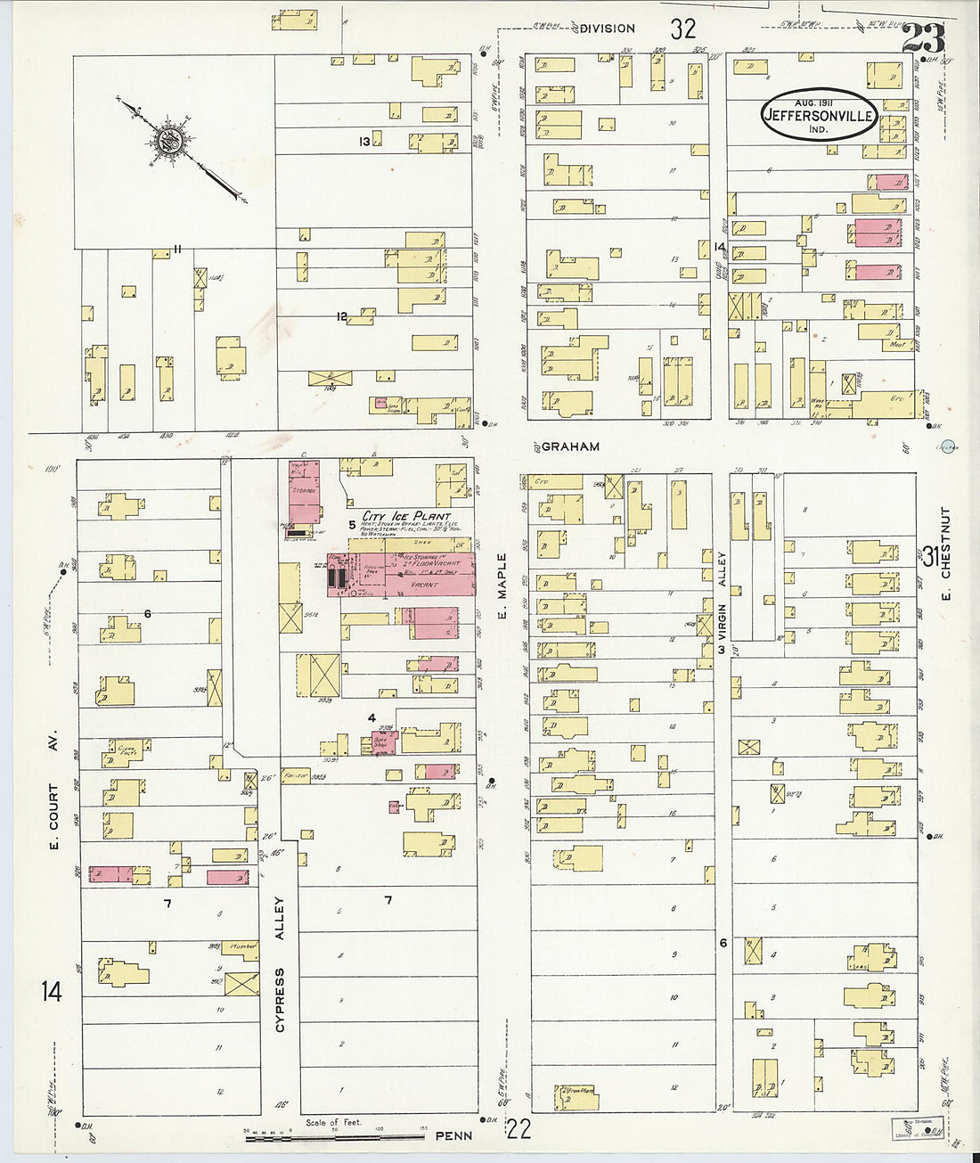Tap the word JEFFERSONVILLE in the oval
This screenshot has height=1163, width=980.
coord(819,115)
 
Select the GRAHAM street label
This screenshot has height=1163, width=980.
coord(570,446)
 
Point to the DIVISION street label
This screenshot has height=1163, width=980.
coord(607,29)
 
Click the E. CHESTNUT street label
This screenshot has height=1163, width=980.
coord(945,553)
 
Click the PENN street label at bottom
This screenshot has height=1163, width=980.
coord(453,1136)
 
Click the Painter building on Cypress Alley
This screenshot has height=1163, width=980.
coord(295,775)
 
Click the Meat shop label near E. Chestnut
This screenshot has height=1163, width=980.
coord(896,344)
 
